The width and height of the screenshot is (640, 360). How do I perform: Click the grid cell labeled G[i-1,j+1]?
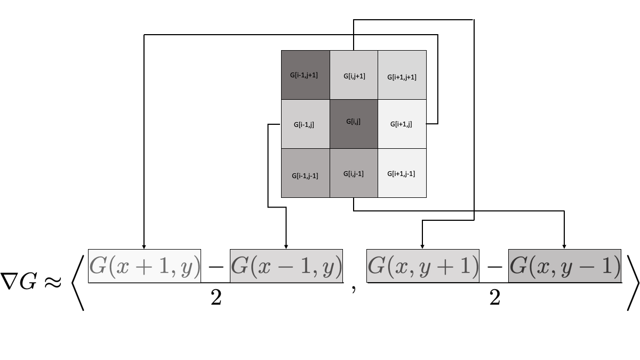(x=305, y=75)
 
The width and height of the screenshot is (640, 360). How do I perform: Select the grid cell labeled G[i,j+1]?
(x=354, y=75)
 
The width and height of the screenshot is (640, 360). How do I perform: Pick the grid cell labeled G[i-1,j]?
(x=305, y=124)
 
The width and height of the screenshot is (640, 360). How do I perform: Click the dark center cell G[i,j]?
(x=354, y=124)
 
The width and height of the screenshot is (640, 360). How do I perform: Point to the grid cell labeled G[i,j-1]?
(x=354, y=173)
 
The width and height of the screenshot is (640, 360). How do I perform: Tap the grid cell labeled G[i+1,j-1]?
(x=402, y=173)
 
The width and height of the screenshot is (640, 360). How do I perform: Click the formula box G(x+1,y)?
(x=145, y=266)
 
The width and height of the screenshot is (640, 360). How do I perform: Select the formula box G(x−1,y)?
(x=286, y=266)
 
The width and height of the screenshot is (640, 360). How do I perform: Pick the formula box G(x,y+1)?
(x=422, y=266)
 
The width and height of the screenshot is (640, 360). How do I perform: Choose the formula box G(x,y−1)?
(x=565, y=266)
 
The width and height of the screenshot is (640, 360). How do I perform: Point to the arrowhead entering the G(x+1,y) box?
(x=144, y=246)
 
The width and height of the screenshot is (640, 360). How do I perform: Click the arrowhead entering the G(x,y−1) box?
(x=565, y=246)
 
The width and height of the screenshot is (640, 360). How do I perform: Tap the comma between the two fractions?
(x=354, y=291)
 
